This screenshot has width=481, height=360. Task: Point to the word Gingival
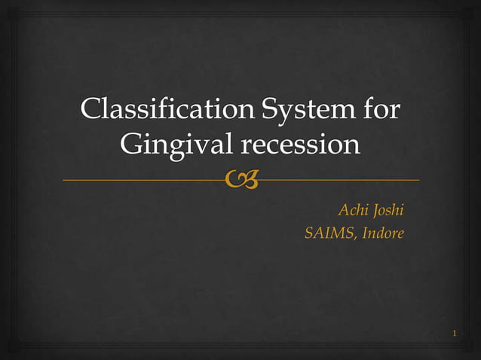[x=176, y=144]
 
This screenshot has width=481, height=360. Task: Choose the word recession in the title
[x=299, y=144]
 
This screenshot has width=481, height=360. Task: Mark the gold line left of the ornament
[x=143, y=180]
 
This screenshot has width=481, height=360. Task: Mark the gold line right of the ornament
[x=339, y=180]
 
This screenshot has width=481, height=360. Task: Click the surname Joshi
[x=388, y=210]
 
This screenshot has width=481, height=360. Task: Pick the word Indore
[x=383, y=233]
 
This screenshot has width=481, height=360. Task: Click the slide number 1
[x=455, y=333]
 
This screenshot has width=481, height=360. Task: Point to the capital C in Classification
[x=90, y=110]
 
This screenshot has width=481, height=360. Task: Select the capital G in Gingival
[x=130, y=144]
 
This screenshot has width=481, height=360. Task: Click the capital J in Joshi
[x=375, y=210]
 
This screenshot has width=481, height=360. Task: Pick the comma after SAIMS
[x=357, y=238]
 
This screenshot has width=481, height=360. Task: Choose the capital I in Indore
[x=365, y=233]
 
